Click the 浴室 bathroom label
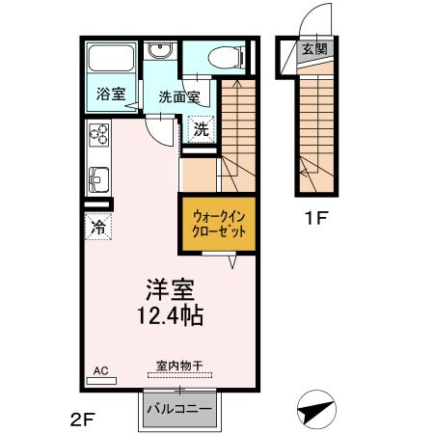[111, 95]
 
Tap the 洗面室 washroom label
[178, 96]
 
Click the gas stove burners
[98, 136]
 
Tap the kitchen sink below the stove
[99, 179]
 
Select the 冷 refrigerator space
[98, 228]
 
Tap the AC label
[99, 370]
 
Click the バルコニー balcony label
[179, 409]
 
